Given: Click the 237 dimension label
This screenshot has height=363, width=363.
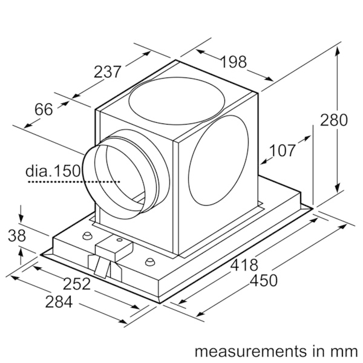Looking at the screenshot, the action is tap(108, 71).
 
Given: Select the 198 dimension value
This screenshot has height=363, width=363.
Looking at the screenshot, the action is tap(234, 62).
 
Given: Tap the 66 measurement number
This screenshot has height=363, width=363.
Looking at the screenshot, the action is tap(44, 110).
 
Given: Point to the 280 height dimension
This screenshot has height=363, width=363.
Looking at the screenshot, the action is tap(334, 120).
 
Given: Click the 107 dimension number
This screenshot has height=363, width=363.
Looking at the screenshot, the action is tap(283, 150).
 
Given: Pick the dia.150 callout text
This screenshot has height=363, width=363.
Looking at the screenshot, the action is tap(53, 171).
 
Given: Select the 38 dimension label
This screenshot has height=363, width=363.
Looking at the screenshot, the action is tap(17, 236).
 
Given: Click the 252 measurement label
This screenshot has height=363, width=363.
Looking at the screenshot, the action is tap(77, 284).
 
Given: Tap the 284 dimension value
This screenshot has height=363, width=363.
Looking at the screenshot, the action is tap(59, 302).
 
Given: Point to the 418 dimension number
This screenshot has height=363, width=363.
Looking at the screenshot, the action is tap(244, 265).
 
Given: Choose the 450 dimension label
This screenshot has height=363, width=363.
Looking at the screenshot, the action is tap(264, 281).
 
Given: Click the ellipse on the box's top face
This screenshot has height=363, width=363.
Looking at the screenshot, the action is tap(177, 100).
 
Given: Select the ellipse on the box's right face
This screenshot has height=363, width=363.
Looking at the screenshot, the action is tap(218, 160).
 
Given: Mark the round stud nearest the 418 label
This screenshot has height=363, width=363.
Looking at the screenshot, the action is tap(150, 261).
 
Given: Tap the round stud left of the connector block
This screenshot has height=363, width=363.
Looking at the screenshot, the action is tap(87, 236).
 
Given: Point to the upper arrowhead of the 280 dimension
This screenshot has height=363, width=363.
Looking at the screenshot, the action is tap(338, 50).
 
